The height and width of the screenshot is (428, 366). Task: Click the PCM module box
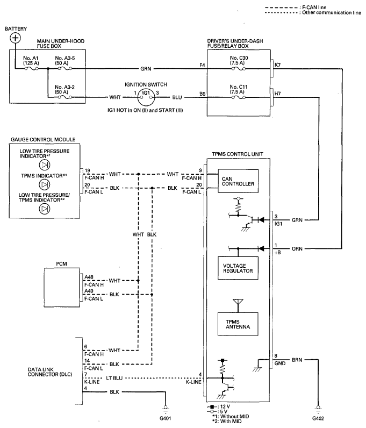tap(63, 286)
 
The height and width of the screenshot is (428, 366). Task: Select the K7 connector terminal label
tap(277, 65)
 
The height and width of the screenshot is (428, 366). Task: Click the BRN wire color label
tap(297, 358)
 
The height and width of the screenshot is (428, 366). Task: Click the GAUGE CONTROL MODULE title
tap(43, 140)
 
